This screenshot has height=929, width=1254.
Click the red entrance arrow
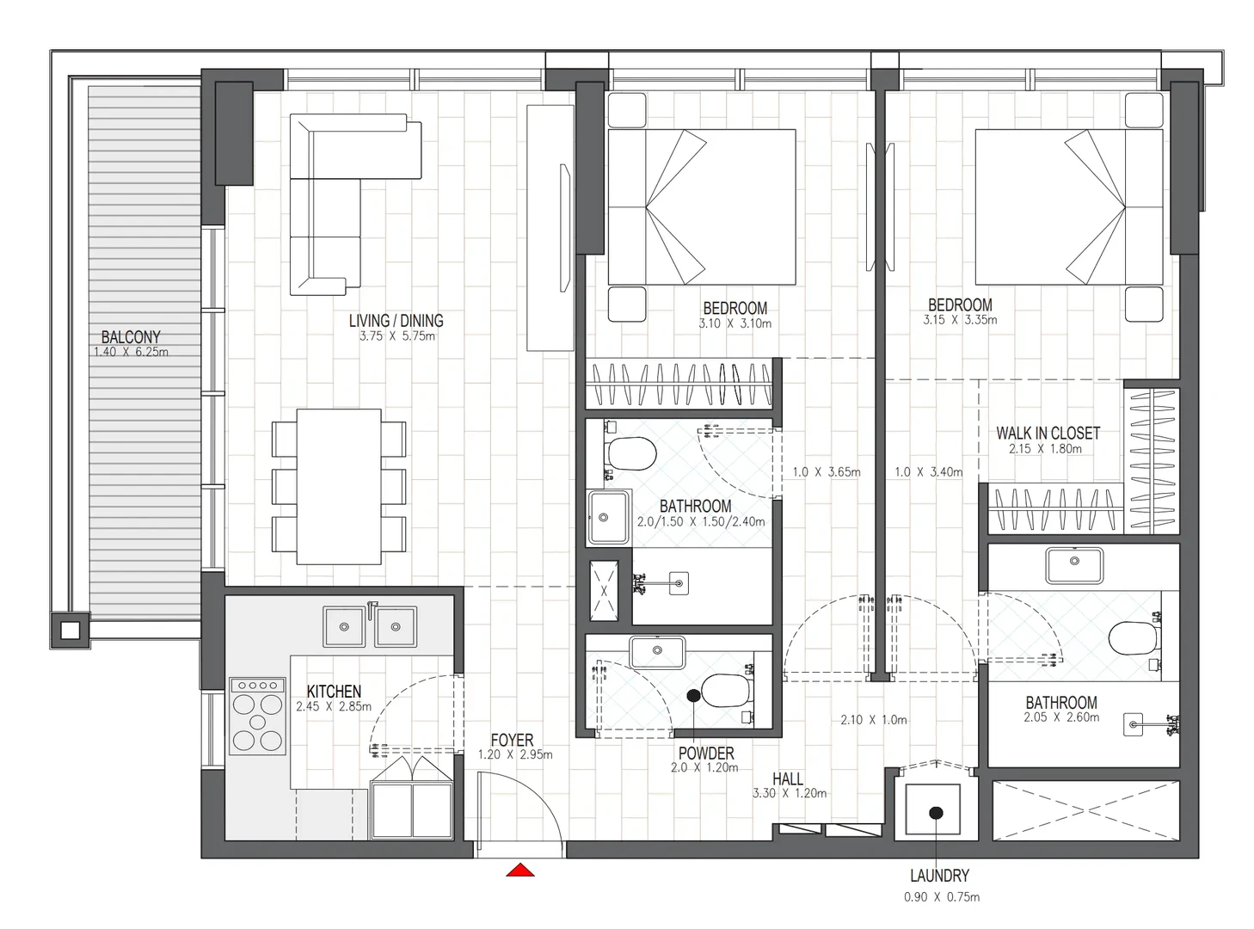(x=519, y=871)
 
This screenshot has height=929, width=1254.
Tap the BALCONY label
(x=131, y=337)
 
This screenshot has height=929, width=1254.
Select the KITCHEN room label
(x=334, y=691)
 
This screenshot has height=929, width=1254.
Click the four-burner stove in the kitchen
(x=257, y=716)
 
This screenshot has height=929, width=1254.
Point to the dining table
(x=339, y=486)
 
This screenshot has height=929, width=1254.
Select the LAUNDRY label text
(x=940, y=876)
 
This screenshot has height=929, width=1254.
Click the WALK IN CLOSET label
(x=1048, y=434)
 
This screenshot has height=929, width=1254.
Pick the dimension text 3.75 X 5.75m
(x=396, y=335)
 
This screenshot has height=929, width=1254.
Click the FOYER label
(x=512, y=740)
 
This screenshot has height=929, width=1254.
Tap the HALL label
(x=788, y=778)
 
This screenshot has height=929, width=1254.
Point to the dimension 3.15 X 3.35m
(x=960, y=319)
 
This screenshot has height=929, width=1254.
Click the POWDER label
(x=706, y=754)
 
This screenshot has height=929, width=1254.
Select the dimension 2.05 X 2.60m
(x=1061, y=717)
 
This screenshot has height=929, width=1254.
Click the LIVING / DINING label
(x=396, y=321)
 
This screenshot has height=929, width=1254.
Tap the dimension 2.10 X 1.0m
(x=874, y=720)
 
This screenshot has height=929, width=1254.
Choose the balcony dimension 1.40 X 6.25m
(x=131, y=352)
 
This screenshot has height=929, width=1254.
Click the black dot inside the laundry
(x=937, y=813)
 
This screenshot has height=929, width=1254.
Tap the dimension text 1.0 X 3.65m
(x=826, y=471)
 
